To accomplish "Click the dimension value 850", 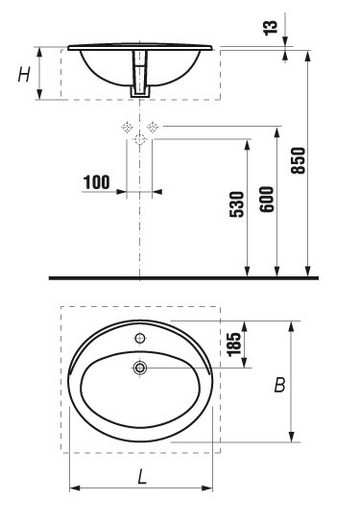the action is pyautogui.click(x=298, y=160).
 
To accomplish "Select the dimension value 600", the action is pyautogui.click(x=267, y=200).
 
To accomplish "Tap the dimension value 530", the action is pyautogui.click(x=237, y=204).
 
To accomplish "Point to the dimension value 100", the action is pyautogui.click(x=96, y=182).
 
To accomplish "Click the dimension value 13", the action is pyautogui.click(x=271, y=28).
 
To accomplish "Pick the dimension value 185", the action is pyautogui.click(x=234, y=345).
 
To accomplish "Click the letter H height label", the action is pyautogui.click(x=24, y=75).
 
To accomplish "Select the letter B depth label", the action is pyautogui.click(x=279, y=385).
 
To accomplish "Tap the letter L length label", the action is pyautogui.click(x=142, y=476).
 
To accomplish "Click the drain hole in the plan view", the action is pyautogui.click(x=140, y=368).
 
